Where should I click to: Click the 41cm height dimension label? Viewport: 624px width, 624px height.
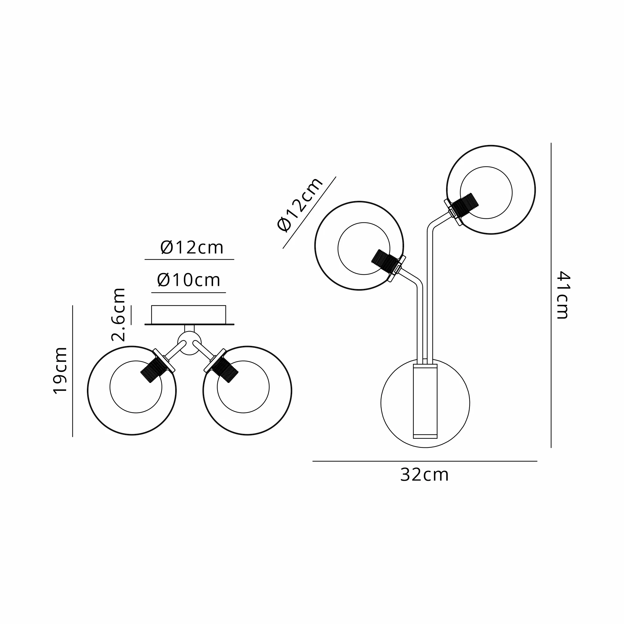(x=563, y=295)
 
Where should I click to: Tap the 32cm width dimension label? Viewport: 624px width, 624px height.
(x=424, y=475)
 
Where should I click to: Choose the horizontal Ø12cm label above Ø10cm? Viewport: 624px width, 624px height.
(x=192, y=248)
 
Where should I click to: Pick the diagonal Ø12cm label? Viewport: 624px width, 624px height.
(x=300, y=204)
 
